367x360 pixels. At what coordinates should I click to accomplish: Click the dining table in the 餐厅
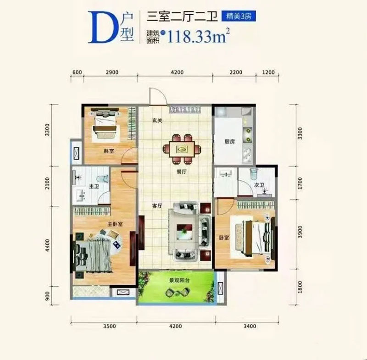point(183,148)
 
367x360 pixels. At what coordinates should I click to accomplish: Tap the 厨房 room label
point(230,142)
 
